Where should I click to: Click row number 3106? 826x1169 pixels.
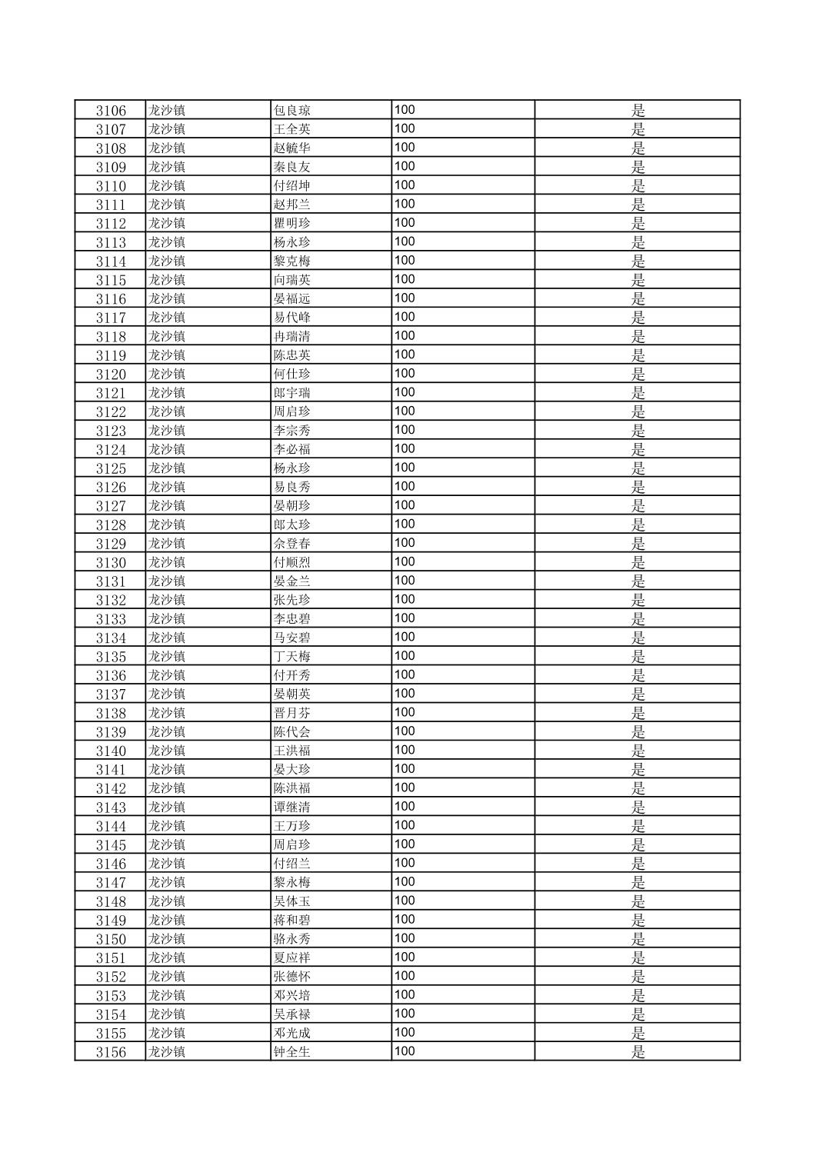pyautogui.click(x=111, y=110)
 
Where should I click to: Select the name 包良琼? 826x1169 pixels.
pyautogui.click(x=291, y=110)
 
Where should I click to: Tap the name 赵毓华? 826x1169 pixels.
pyautogui.click(x=291, y=148)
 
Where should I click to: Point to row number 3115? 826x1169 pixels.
pyautogui.click(x=111, y=280)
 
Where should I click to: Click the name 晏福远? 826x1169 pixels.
pyautogui.click(x=291, y=298)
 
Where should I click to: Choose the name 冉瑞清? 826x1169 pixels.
pyautogui.click(x=291, y=336)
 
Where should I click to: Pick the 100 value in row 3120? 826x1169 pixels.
pyautogui.click(x=405, y=373)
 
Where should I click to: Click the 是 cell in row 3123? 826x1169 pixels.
pyautogui.click(x=638, y=431)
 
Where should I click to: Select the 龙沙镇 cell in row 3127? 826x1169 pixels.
pyautogui.click(x=167, y=505)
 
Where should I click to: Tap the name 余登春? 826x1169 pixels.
pyautogui.click(x=291, y=544)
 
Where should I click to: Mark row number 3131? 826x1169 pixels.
pyautogui.click(x=111, y=581)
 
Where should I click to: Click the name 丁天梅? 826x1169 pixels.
pyautogui.click(x=291, y=657)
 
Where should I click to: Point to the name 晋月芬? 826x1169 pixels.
pyautogui.click(x=291, y=713)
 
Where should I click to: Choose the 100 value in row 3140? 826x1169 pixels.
pyautogui.click(x=405, y=750)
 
